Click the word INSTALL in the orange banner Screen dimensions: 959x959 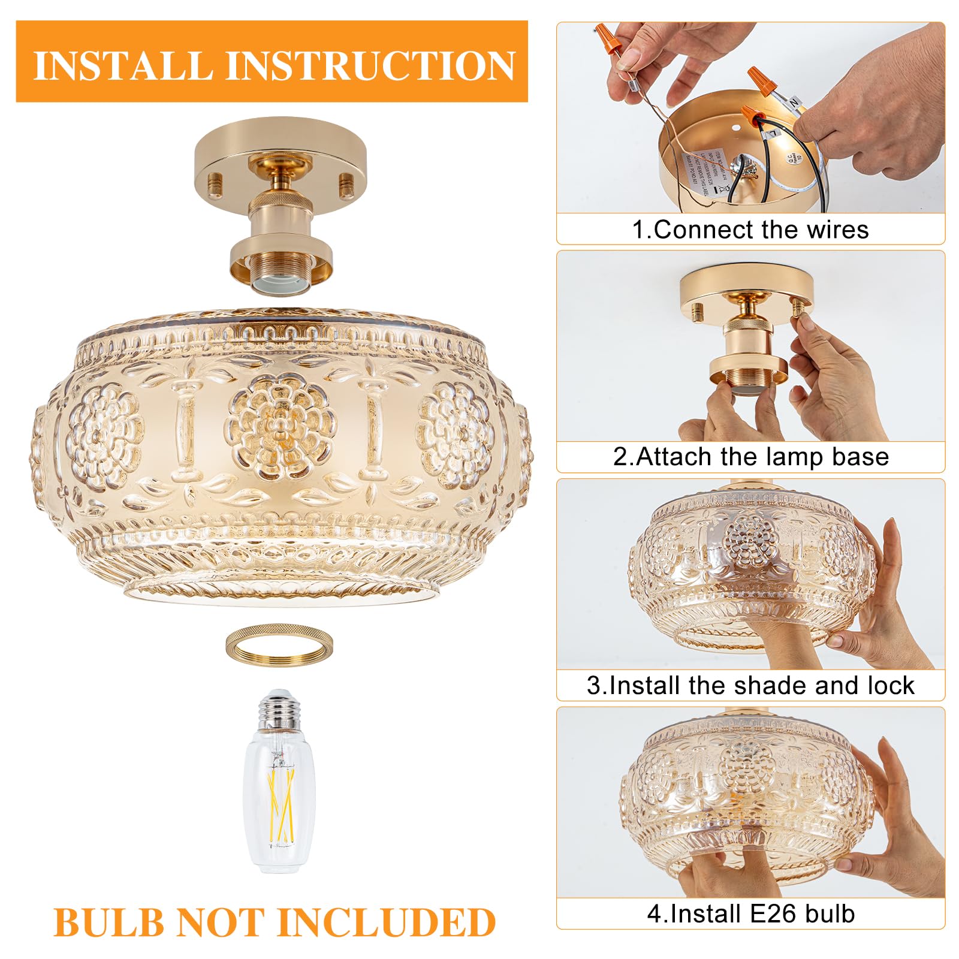[x=123, y=65]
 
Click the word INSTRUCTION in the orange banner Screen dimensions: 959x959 [x=370, y=65]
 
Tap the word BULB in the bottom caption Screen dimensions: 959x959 [x=108, y=922]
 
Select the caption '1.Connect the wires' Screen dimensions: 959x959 [x=750, y=230]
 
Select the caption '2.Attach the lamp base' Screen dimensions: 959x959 [x=750, y=457]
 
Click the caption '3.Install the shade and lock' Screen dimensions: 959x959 [x=750, y=685]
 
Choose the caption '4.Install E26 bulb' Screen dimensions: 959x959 [x=750, y=913]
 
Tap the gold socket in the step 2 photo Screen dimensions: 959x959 [x=747, y=354]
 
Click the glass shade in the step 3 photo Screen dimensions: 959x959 [x=749, y=569]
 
